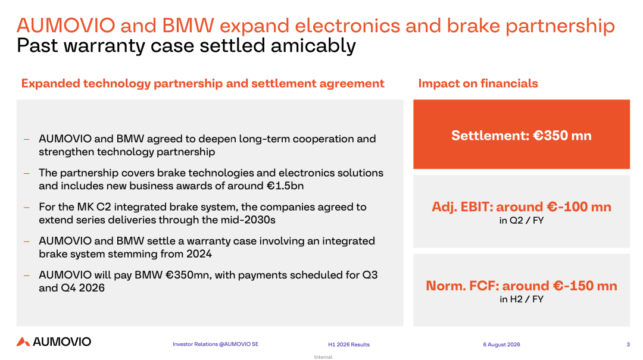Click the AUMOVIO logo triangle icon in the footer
(23, 342)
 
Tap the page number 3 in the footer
(628, 345)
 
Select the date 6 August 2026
(501, 345)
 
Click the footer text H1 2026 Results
(348, 345)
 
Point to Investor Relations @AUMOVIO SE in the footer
(216, 344)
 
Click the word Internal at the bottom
(323, 356)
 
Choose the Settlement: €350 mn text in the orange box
(521, 136)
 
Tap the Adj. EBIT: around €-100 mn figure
(521, 206)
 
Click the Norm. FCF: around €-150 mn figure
(521, 286)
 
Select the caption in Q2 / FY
(521, 221)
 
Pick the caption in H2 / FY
(521, 299)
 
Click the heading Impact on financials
(477, 84)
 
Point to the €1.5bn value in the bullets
(285, 186)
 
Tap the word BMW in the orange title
(188, 26)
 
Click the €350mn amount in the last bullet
(189, 275)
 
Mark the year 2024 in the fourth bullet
(199, 254)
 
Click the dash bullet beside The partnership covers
(27, 173)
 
